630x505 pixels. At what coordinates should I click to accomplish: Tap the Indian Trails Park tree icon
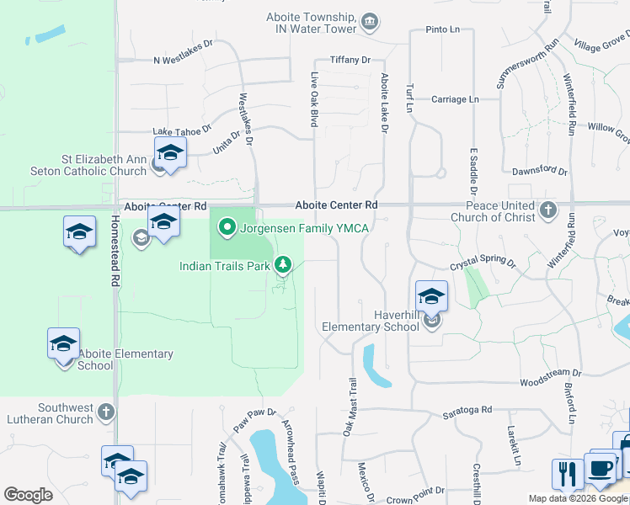(x=284, y=266)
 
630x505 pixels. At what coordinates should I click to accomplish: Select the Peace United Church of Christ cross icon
(x=548, y=210)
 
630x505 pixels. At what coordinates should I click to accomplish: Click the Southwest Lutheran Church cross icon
(x=105, y=412)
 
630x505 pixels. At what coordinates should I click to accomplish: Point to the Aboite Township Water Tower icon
(x=368, y=21)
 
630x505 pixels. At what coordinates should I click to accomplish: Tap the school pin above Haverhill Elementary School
(x=430, y=295)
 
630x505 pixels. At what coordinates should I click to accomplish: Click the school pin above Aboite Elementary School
(x=63, y=343)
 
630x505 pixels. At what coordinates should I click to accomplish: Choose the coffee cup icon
(x=600, y=468)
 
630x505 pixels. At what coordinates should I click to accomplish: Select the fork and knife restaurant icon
(x=569, y=473)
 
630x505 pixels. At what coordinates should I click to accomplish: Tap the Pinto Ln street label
(x=442, y=29)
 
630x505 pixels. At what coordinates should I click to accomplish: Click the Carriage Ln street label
(x=454, y=99)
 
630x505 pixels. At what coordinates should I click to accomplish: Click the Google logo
(x=28, y=495)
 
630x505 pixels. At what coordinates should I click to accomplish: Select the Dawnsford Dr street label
(x=540, y=170)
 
